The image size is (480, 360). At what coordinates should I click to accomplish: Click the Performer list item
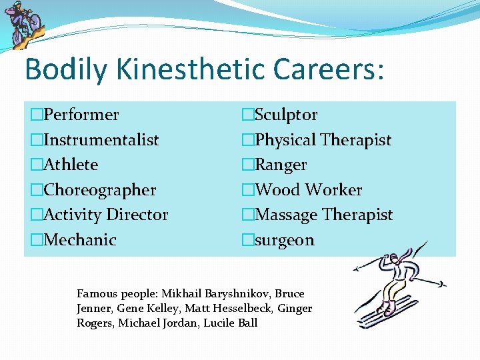pos(81,115)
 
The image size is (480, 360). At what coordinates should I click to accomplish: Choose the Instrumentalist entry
pos(101,140)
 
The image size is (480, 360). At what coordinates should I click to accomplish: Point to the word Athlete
pos(70,165)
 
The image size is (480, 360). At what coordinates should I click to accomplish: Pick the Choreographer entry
pos(99,190)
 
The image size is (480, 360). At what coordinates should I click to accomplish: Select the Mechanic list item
pos(79,240)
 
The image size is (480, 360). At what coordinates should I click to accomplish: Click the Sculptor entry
pos(286,115)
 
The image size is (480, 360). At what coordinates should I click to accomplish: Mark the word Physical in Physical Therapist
pos(285,140)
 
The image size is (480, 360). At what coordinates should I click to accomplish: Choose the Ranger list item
pos(281,165)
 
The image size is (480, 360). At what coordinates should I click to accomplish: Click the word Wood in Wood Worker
pos(277,190)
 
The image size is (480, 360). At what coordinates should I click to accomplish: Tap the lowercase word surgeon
pos(285,240)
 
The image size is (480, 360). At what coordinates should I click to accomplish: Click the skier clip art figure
pos(395,288)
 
